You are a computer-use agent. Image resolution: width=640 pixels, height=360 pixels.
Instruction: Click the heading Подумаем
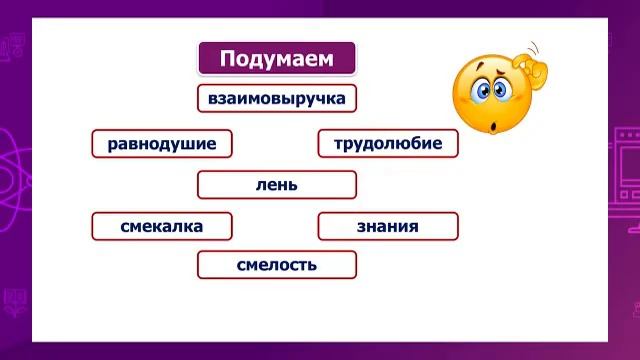[x=277, y=58]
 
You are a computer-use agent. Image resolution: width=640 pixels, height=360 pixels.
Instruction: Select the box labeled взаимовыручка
[x=277, y=99]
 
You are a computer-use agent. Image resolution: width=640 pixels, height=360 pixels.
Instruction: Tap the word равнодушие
[x=162, y=144]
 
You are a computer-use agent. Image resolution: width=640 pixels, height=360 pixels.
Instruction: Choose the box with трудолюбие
[x=387, y=144]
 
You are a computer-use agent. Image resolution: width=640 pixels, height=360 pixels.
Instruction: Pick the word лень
[x=277, y=185]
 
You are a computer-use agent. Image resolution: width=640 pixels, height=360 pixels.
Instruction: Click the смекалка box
[x=162, y=226]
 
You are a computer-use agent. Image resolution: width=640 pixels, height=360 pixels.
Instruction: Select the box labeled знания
[x=387, y=226]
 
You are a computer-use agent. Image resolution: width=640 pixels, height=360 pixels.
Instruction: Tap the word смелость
[x=277, y=265]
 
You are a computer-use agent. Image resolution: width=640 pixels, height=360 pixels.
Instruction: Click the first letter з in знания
[x=361, y=226]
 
